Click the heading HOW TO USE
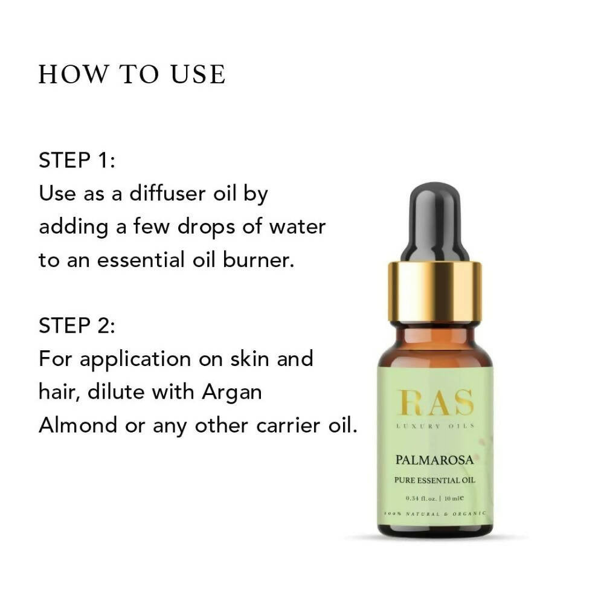pos(132,74)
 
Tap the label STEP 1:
pos(77,161)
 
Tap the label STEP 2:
pos(77,326)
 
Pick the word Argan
pos(231,392)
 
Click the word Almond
pos(77,425)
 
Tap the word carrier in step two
pos(292,425)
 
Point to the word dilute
pos(117,392)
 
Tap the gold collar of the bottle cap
pos(435,291)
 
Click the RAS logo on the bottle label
pos(435,403)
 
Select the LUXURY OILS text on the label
pos(435,426)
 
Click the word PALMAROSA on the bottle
pos(435,460)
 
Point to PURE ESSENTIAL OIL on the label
pos(435,481)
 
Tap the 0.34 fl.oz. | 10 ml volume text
pos(435,499)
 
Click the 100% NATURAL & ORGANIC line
pos(435,513)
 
